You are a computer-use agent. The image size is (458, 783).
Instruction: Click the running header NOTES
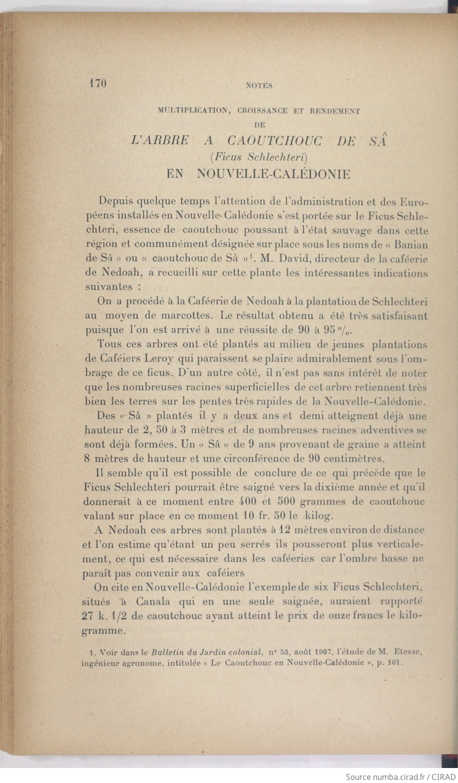[259, 85]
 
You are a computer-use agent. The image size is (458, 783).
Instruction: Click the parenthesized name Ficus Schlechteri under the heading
[258, 157]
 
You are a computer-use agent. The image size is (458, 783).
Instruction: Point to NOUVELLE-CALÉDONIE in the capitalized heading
[274, 174]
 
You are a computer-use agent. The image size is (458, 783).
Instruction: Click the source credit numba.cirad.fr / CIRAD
[400, 776]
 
